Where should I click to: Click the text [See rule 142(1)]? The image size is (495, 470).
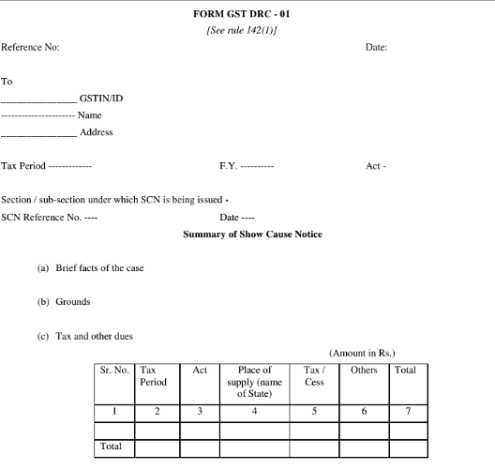click(x=247, y=30)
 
